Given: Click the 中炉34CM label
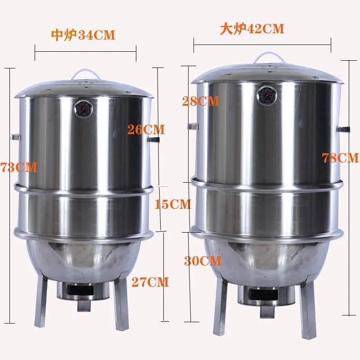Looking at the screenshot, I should (83, 35).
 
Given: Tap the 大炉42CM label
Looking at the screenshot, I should (252, 29).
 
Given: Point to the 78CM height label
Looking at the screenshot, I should (340, 158).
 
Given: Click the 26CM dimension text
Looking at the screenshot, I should (146, 130).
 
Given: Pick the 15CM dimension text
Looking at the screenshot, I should (172, 204).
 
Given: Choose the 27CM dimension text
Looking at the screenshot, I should (150, 282).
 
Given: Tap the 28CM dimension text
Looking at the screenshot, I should (201, 101).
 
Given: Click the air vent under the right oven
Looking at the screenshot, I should (261, 295).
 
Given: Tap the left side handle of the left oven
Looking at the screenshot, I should (15, 136).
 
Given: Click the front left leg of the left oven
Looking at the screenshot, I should (41, 301).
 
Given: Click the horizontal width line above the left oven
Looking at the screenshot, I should (85, 52).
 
